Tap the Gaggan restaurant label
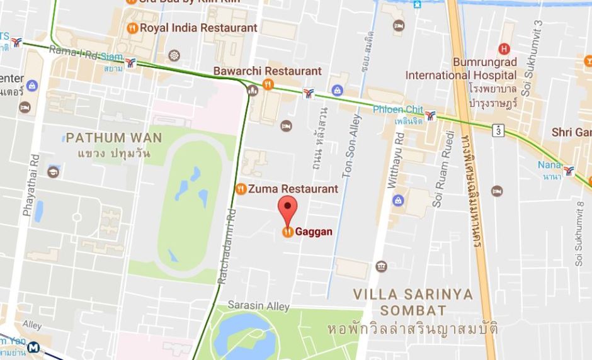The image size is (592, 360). click(314, 232)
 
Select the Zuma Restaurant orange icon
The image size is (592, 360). click(241, 189)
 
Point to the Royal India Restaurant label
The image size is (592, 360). click(198, 28)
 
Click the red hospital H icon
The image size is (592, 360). click(503, 48)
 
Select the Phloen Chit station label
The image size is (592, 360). click(397, 110)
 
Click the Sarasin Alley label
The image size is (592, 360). click(258, 306)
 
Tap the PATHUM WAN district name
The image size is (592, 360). click(114, 137)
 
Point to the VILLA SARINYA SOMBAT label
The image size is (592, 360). click(413, 301)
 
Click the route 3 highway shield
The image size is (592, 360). click(499, 130)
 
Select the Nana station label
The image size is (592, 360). click(549, 165)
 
